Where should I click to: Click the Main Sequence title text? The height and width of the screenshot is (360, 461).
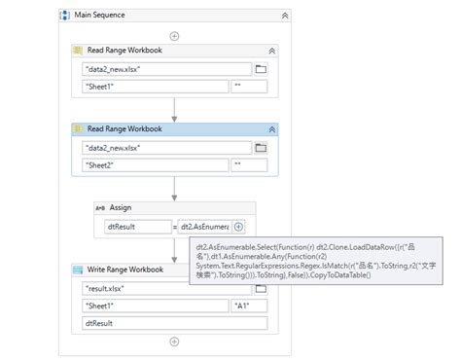pyautogui.click(x=100, y=16)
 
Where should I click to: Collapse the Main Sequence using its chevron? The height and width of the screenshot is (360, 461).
pyautogui.click(x=284, y=16)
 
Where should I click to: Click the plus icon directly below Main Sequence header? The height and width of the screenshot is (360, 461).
pyautogui.click(x=174, y=35)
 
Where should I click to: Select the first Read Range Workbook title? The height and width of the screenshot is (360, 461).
pyautogui.click(x=124, y=50)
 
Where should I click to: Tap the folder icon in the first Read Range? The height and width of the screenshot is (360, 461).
pyautogui.click(x=261, y=69)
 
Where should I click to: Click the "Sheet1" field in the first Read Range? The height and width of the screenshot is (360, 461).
pyautogui.click(x=156, y=87)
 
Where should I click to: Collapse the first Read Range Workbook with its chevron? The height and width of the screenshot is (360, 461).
pyautogui.click(x=271, y=50)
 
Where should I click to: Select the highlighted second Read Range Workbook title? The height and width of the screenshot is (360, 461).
pyautogui.click(x=124, y=128)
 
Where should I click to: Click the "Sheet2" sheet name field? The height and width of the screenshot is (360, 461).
pyautogui.click(x=156, y=165)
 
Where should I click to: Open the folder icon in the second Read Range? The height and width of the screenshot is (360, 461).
pyautogui.click(x=261, y=148)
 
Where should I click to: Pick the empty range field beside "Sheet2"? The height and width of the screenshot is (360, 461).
pyautogui.click(x=250, y=165)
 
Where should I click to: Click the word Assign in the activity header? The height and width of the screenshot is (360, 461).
pyautogui.click(x=121, y=207)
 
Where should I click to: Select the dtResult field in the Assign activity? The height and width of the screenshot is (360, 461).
pyautogui.click(x=137, y=226)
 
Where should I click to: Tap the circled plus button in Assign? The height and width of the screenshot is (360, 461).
pyautogui.click(x=238, y=226)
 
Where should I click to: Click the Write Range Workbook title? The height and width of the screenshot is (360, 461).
pyautogui.click(x=125, y=270)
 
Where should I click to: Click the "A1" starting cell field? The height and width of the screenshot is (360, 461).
pyautogui.click(x=250, y=306)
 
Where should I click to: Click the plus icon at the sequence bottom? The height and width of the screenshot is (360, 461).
pyautogui.click(x=174, y=342)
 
